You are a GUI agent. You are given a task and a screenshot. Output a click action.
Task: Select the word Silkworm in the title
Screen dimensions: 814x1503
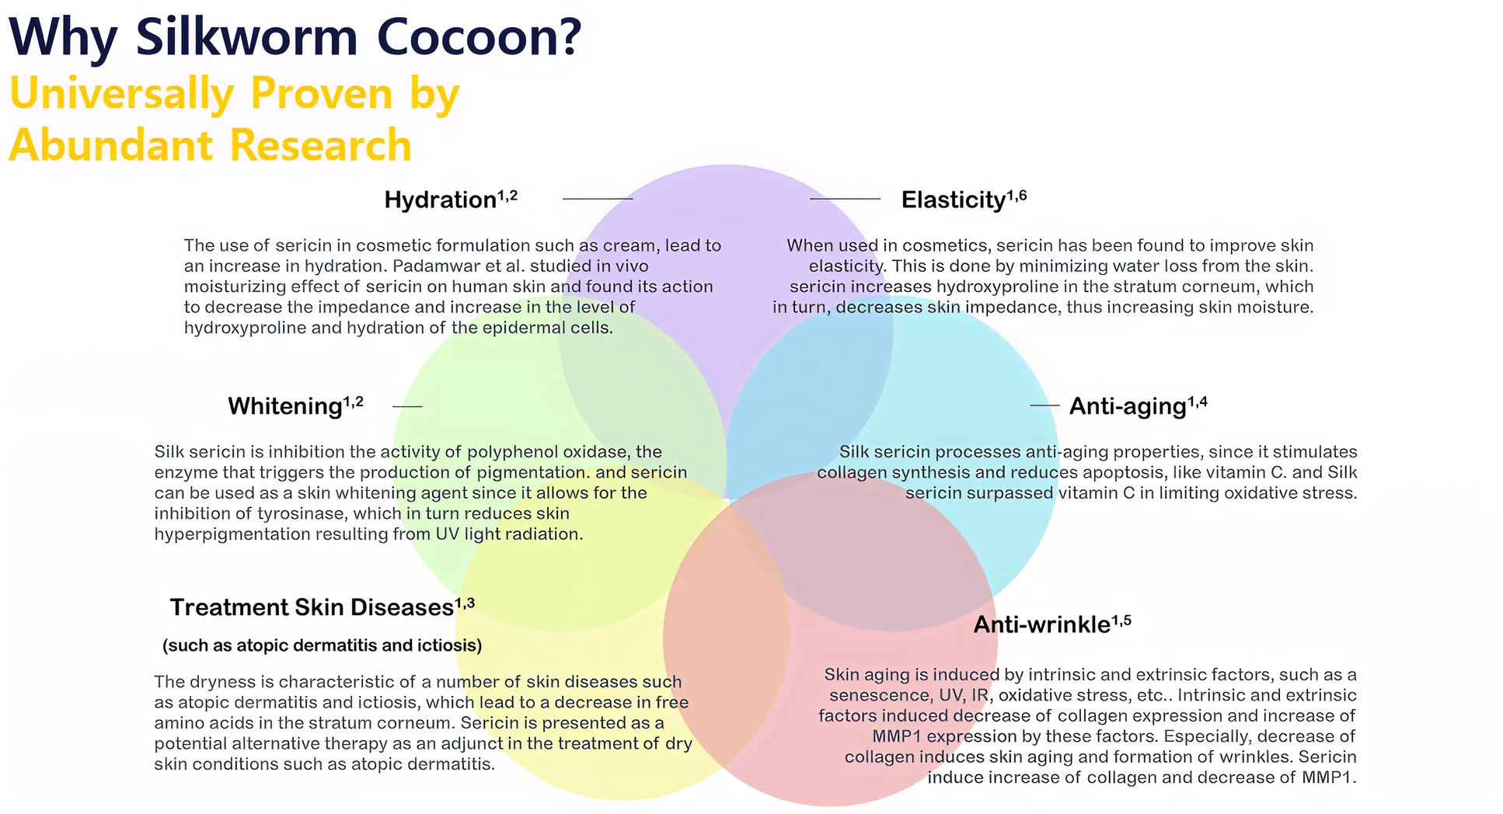coord(246,37)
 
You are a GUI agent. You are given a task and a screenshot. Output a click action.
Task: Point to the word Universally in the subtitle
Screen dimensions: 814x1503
coord(120,94)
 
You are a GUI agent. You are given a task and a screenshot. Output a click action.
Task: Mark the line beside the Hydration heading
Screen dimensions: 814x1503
coord(597,199)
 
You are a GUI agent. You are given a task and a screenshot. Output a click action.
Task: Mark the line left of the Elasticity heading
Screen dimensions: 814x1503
coord(845,199)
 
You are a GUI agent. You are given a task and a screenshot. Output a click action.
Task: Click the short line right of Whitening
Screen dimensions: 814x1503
coord(407,406)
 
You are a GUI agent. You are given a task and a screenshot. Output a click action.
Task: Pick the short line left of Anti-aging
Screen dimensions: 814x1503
coord(1044,405)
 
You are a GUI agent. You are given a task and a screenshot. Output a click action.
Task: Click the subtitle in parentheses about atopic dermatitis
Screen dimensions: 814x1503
coord(322,645)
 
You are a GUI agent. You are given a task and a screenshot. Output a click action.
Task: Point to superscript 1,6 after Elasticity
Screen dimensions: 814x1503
coord(1017,196)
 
